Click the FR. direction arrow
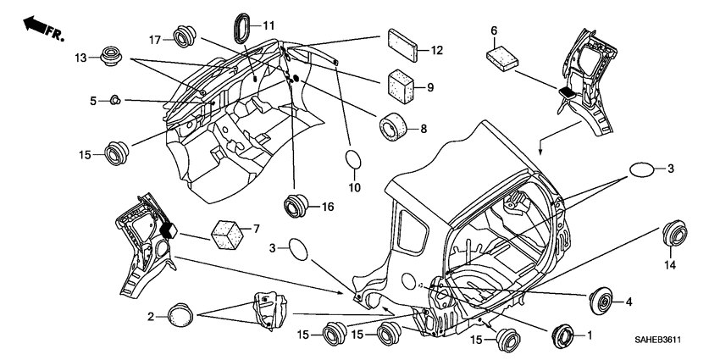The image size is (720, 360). (x=44, y=28)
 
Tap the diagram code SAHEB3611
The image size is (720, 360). (x=657, y=340)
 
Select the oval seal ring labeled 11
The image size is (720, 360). (x=243, y=29)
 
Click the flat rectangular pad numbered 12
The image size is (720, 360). (x=402, y=45)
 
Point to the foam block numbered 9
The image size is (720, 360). (x=401, y=87)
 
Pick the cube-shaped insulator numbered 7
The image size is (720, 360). (x=227, y=234)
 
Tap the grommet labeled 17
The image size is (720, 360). (x=184, y=36)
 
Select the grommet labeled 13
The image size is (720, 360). (x=111, y=56)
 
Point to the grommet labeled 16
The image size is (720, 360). (x=296, y=206)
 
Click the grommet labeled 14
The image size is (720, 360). (x=674, y=232)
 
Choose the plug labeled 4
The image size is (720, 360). (x=601, y=301)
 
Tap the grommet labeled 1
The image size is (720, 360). (x=563, y=336)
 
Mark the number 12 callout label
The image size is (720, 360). (x=437, y=50)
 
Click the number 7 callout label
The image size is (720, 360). (x=256, y=228)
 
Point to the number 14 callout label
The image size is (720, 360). (x=670, y=265)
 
